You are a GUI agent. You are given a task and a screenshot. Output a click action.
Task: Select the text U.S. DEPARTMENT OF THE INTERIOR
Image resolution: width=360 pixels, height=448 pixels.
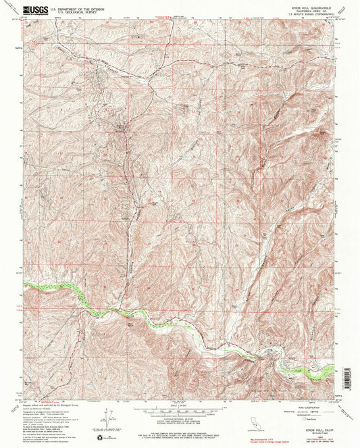point(66,7)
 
